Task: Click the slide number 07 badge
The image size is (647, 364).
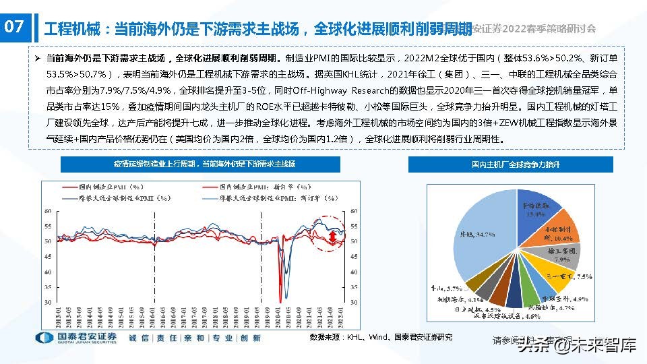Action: tap(14, 28)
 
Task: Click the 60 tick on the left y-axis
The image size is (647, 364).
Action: tap(48, 211)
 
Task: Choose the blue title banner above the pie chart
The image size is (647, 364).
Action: tap(510, 164)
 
